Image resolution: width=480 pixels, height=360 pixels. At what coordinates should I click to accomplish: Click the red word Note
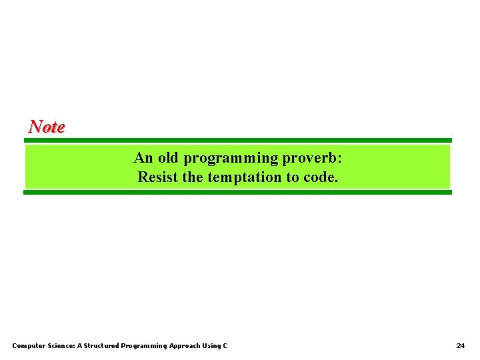(x=47, y=127)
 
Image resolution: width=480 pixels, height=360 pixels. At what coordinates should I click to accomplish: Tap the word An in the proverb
(x=143, y=158)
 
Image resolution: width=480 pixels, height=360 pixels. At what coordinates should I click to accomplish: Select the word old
(x=168, y=158)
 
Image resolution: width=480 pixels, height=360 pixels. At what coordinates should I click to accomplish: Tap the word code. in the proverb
(x=321, y=177)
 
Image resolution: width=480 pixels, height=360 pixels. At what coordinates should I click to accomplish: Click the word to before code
(x=293, y=177)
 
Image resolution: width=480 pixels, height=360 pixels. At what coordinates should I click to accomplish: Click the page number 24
(x=461, y=345)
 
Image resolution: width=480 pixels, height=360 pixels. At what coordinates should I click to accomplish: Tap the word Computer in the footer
(x=29, y=345)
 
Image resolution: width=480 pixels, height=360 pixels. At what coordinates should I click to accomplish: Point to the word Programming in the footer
(x=144, y=346)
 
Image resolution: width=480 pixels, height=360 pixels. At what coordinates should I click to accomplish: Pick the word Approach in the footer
(x=184, y=346)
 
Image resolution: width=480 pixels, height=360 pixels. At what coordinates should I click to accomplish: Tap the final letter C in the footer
(x=225, y=345)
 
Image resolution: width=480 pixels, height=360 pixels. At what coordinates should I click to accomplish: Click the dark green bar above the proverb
(x=238, y=140)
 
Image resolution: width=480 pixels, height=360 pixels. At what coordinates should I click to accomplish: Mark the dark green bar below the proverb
(x=238, y=192)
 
